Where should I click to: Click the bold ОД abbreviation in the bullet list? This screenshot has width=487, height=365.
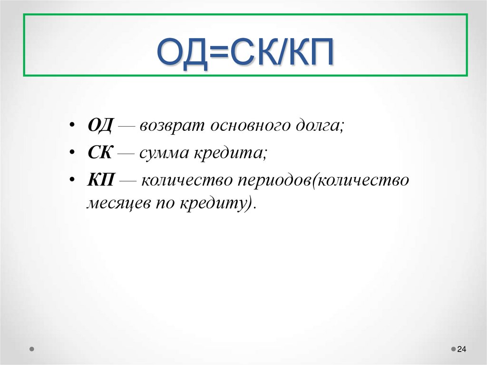pos(99,126)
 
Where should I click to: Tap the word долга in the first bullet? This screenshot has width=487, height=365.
pos(320,127)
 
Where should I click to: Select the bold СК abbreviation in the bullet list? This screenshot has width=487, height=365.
pos(99,154)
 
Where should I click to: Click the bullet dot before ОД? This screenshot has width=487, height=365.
pos(72,127)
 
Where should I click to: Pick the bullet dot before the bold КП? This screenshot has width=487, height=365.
pos(72,181)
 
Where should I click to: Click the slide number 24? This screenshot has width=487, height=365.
pos(461,350)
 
